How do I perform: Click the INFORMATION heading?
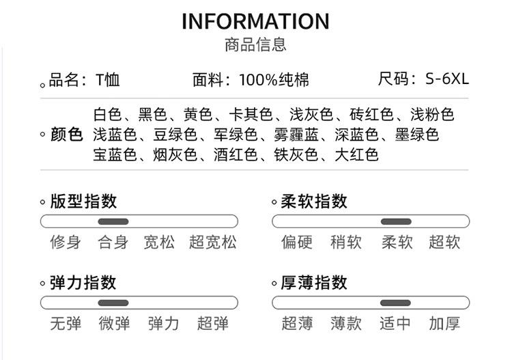[255, 22]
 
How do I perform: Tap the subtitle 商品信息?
[255, 45]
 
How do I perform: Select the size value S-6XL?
[447, 79]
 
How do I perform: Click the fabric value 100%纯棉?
[274, 80]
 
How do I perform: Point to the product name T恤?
[107, 80]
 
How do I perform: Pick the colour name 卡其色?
[251, 114]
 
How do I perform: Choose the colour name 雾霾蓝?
[296, 135]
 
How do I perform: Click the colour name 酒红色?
[236, 154]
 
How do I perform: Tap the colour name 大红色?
[356, 154]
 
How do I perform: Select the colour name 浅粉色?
[432, 114]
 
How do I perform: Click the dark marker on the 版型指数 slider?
[113, 221]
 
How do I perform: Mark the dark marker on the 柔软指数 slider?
[396, 221]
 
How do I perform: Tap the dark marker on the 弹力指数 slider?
[113, 303]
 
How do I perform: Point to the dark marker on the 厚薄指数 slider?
[395, 303]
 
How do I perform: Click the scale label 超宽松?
[213, 243]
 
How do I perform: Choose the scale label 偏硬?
[297, 243]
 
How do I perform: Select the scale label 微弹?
[114, 323]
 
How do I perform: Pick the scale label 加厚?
[444, 323]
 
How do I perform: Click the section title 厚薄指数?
[314, 283]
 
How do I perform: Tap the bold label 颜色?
[67, 135]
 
